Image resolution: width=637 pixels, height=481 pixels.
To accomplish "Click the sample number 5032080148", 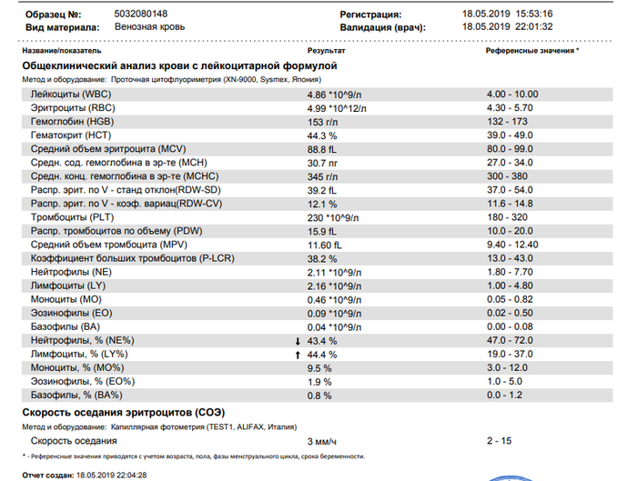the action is pos(140,14).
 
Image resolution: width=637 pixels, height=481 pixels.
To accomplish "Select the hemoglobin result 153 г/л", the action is pos(322,122).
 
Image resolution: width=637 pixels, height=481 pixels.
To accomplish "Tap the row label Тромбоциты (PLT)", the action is pos(72,217).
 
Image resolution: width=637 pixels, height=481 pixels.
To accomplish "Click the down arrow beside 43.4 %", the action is pos(298,341).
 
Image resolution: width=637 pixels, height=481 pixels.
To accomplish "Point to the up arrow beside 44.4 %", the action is pos(298,356).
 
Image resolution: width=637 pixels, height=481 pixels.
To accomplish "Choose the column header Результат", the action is pos(326,51).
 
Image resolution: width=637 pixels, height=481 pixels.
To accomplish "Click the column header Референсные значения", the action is pos(531,51).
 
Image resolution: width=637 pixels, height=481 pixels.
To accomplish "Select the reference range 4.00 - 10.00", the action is pos(512,95).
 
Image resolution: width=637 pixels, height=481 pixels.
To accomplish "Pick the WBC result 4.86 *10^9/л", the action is pos(334,95).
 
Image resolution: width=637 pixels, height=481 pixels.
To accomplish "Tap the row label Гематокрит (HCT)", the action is pos(71,135).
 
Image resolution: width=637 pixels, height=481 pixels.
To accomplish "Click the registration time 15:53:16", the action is pos(534,14).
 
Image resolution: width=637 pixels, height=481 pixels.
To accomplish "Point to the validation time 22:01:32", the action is pos(534,26).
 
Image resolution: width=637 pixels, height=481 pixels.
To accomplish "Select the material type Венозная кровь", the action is pos(150,26).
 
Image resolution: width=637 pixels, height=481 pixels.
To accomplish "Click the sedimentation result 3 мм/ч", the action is pos(322,442).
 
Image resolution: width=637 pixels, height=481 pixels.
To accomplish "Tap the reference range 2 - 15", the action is pos(500,441).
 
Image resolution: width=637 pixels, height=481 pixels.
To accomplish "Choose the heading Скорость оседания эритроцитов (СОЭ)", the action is pos(124,413).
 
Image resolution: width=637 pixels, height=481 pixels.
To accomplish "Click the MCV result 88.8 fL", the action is pos(322,149).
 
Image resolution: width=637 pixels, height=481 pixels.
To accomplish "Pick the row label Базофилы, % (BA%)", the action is pos(76,395).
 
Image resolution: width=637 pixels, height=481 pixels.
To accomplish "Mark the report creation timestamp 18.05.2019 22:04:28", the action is pos(112,475).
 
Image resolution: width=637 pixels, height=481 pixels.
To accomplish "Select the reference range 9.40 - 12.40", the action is pos(512,245).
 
